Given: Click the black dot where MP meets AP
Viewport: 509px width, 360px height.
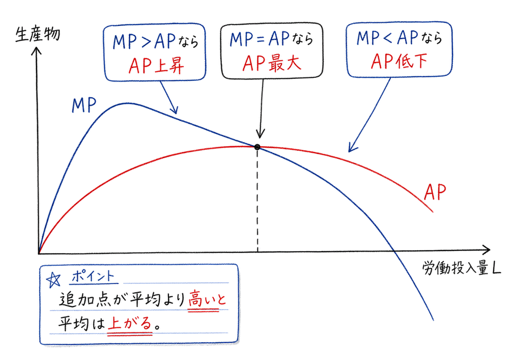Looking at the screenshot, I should pyautogui.click(x=258, y=147).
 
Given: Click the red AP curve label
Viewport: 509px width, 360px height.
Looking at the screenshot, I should pyautogui.click(x=435, y=192).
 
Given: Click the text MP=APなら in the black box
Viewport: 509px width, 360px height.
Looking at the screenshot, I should pyautogui.click(x=271, y=40).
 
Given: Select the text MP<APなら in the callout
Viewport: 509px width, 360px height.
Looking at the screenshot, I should pyautogui.click(x=399, y=40).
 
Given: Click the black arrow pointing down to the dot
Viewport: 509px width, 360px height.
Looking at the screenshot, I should pyautogui.click(x=261, y=109).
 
